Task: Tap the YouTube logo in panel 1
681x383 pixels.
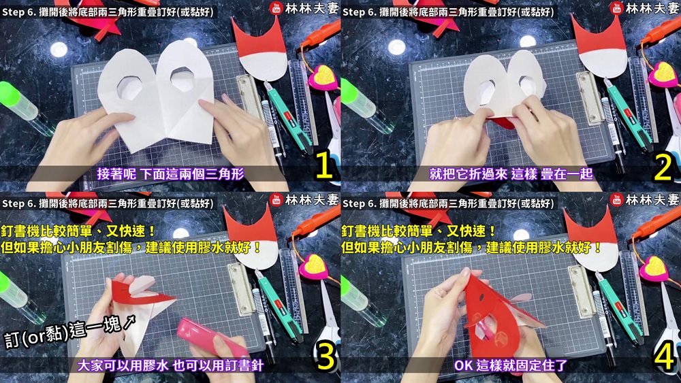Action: coord(276,8)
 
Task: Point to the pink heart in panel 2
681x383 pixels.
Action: coord(663,75)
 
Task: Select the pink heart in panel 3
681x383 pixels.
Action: coord(313,266)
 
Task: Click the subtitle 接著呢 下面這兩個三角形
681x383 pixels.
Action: coord(171,174)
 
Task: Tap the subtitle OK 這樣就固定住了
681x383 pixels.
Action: coord(511,365)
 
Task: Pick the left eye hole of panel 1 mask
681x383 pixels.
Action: coord(129,87)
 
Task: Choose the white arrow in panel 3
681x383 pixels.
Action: coord(130,321)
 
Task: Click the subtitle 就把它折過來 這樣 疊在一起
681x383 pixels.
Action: coord(511,174)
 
